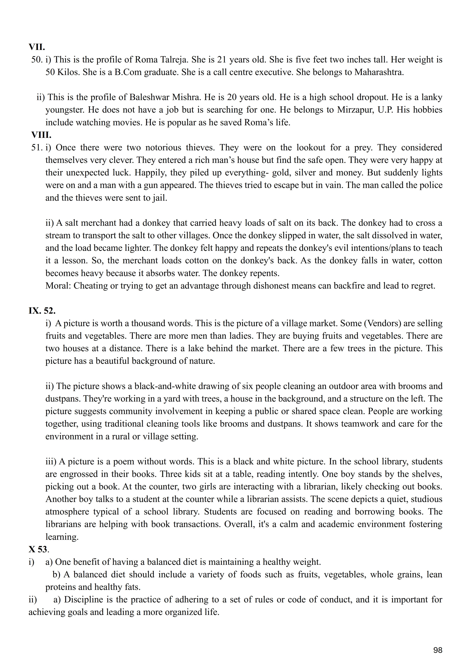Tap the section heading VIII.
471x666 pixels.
(x=41, y=135)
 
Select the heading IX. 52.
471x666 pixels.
(x=42, y=311)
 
